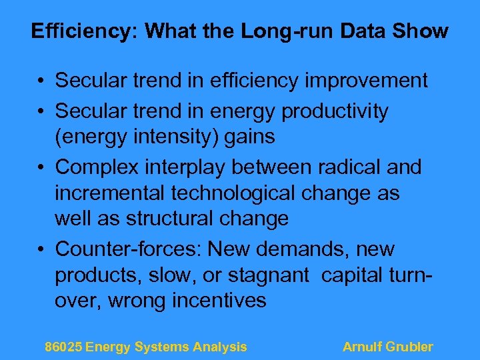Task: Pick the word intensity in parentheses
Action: point(178,137)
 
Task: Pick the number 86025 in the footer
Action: point(63,347)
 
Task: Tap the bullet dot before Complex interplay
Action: point(41,167)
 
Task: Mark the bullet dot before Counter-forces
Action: point(41,250)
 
